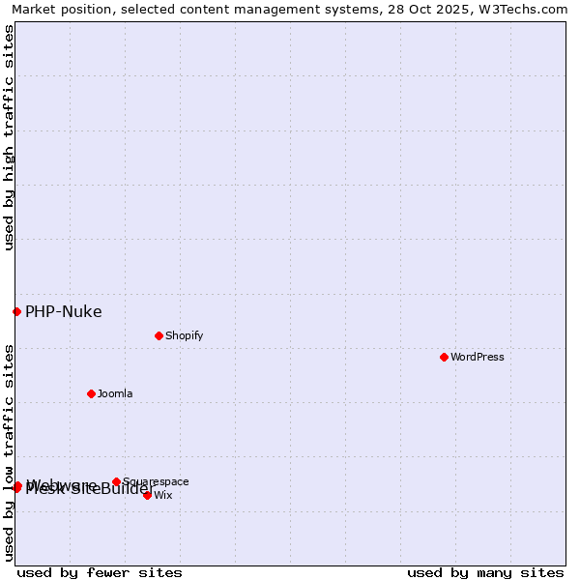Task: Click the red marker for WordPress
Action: (x=444, y=357)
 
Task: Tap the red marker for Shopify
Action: (x=159, y=335)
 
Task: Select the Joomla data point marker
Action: (x=91, y=393)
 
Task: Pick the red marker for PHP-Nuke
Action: (x=16, y=311)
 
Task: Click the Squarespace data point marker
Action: (x=116, y=481)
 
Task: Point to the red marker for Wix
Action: (x=147, y=495)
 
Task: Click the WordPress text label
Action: (x=477, y=357)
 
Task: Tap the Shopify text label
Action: (x=184, y=335)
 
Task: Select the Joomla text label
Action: (x=115, y=393)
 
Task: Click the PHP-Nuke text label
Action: (x=63, y=311)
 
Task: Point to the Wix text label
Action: (x=162, y=495)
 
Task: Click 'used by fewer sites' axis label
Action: (x=100, y=572)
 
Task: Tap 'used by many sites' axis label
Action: (x=485, y=572)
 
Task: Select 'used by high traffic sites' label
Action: (x=10, y=137)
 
